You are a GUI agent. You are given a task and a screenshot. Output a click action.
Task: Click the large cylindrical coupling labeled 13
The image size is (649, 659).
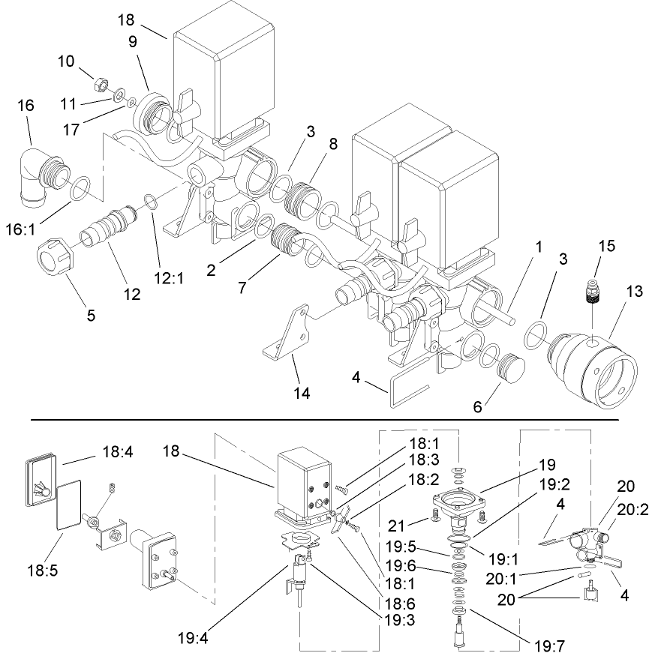click(x=584, y=363)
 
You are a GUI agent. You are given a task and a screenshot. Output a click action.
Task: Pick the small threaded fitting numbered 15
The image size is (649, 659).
click(x=593, y=293)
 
